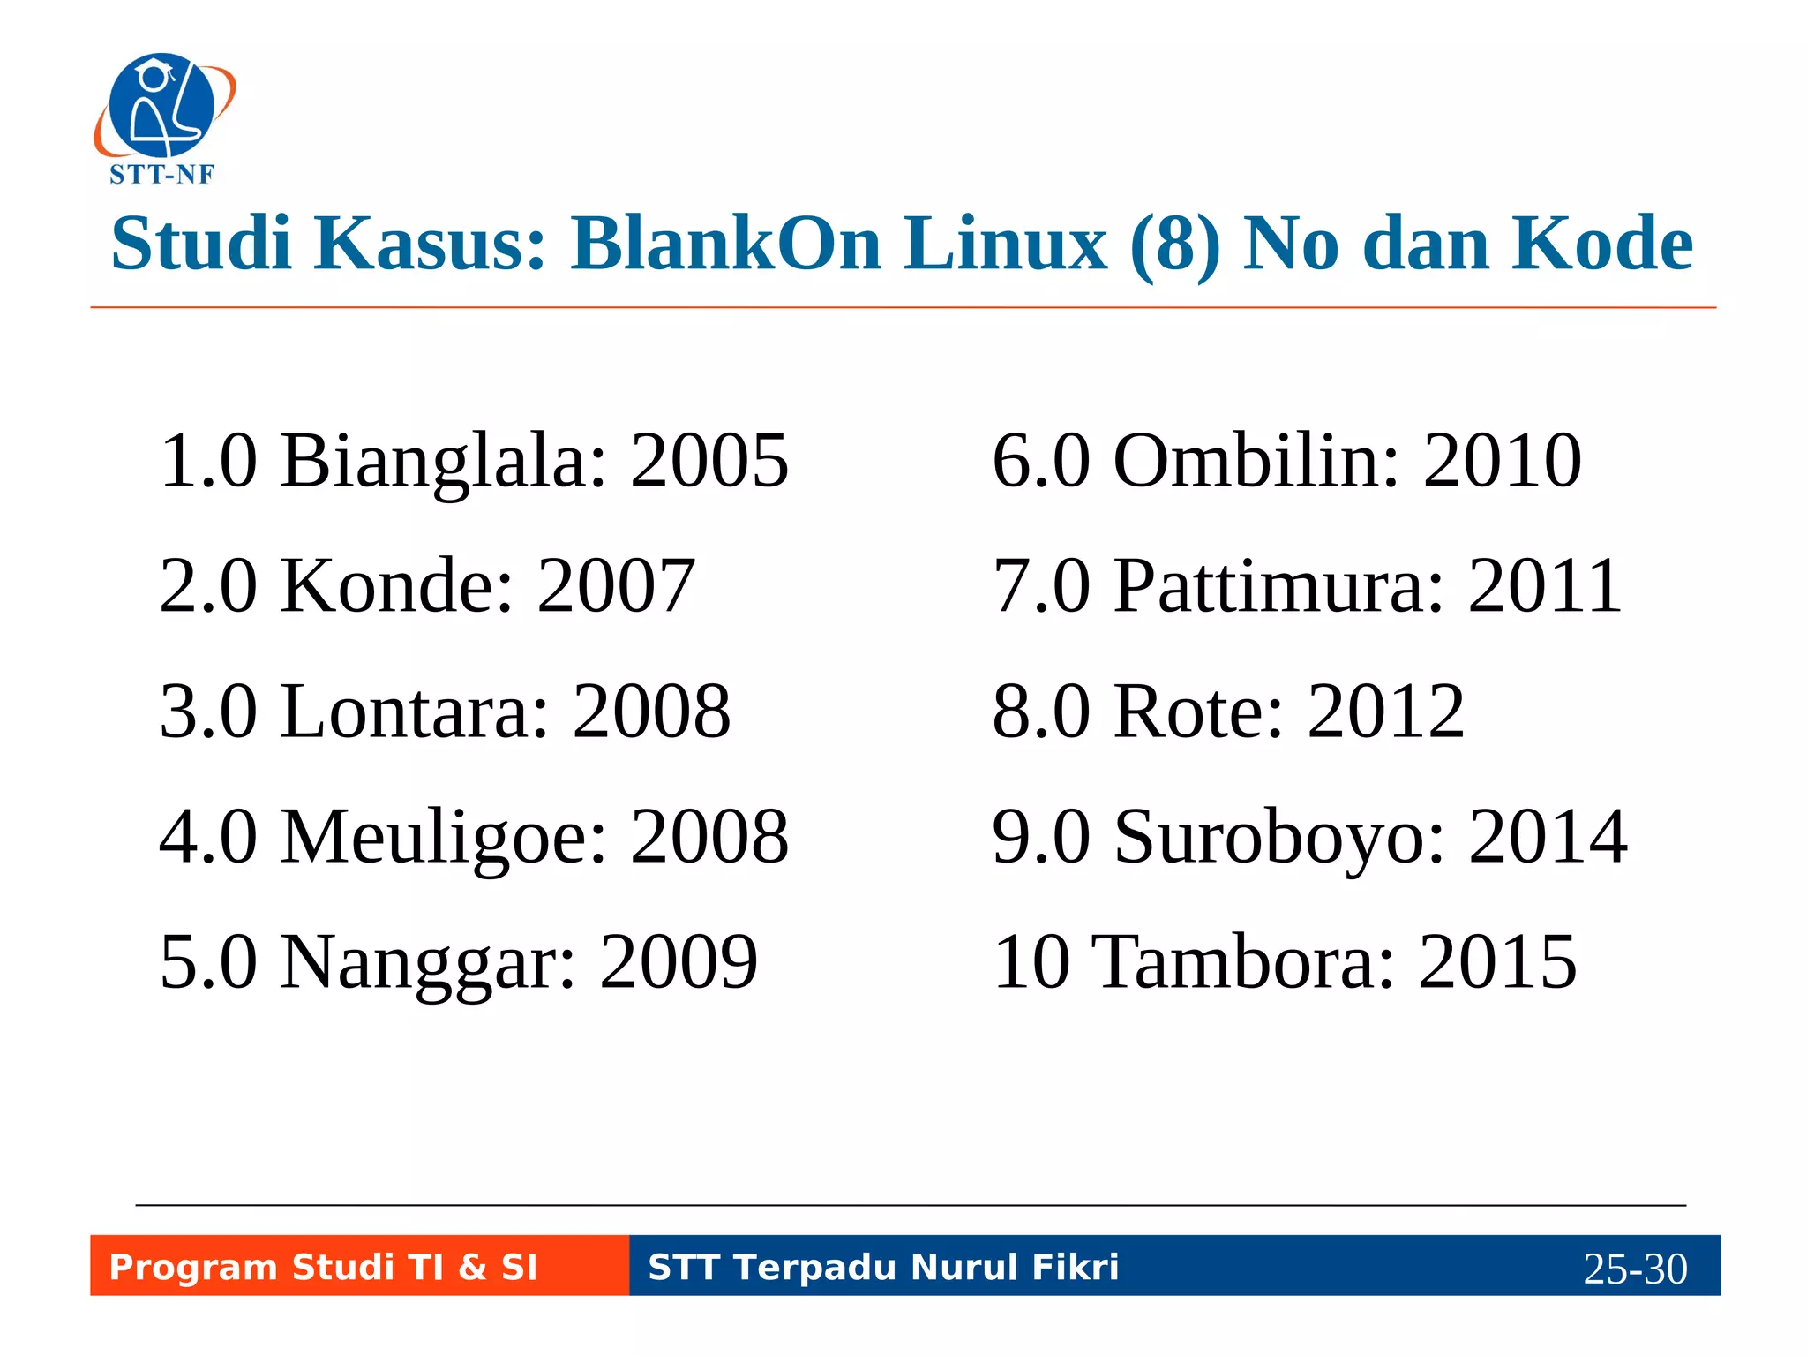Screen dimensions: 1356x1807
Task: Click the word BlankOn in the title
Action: coord(726,244)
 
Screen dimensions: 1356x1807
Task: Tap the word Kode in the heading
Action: coord(1602,244)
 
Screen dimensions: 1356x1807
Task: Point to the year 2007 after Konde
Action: coord(616,585)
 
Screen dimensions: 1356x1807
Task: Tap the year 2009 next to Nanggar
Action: coord(679,962)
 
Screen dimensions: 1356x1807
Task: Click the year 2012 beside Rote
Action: coord(1386,712)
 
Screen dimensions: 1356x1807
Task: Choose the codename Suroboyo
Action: coord(1279,837)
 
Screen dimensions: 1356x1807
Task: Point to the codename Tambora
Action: coord(1244,962)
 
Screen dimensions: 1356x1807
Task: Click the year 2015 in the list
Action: coord(1497,962)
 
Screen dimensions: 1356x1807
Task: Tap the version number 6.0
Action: coord(1041,460)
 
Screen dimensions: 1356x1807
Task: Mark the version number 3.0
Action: coord(208,712)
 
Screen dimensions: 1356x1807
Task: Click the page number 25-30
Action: coord(1635,1269)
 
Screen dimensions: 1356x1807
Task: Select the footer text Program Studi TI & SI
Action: coord(323,1267)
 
